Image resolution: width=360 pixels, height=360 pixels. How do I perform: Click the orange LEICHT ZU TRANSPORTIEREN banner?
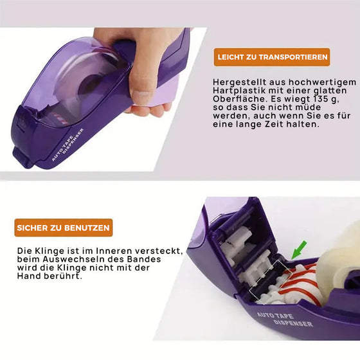tap(272, 57)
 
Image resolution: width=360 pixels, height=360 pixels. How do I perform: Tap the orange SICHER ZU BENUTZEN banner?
tap(64, 228)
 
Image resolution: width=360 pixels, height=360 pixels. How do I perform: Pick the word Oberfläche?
tap(240, 99)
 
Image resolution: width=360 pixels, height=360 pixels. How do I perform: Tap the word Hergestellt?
tap(239, 82)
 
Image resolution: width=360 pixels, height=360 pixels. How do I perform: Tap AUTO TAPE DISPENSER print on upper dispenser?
tap(67, 145)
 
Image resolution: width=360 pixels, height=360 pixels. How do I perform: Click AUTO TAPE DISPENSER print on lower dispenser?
tap(285, 319)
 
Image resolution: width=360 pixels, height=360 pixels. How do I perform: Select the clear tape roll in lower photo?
tap(339, 260)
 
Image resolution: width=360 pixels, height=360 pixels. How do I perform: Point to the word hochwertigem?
tap(322, 82)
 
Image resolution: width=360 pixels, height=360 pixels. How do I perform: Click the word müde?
tap(308, 107)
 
